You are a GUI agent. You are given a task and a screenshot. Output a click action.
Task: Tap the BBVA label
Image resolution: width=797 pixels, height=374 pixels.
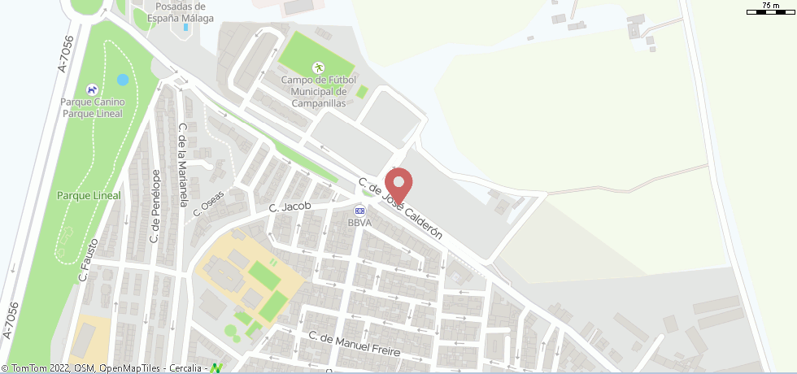point(359,223)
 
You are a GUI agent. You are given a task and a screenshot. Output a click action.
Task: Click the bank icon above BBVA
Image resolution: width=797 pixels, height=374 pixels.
point(359,211)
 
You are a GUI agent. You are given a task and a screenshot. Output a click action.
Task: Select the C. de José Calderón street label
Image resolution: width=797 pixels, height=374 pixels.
point(401,209)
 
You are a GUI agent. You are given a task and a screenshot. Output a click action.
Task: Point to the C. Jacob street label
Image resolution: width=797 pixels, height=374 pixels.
point(290,207)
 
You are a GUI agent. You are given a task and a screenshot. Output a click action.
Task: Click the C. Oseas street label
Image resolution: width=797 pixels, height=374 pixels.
point(208,202)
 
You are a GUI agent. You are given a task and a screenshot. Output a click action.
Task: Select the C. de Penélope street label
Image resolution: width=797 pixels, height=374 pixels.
point(155,207)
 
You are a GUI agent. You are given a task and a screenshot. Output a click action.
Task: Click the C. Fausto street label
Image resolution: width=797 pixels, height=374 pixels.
point(89,259)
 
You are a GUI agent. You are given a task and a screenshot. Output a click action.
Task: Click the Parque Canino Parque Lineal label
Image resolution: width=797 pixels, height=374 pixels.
point(92,107)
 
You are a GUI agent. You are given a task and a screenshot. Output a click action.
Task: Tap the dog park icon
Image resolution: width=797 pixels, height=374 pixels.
point(92,89)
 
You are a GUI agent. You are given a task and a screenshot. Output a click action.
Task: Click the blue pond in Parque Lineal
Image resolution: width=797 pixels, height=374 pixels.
point(123,80)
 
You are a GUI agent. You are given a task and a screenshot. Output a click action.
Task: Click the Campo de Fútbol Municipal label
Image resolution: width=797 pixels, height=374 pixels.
point(314,92)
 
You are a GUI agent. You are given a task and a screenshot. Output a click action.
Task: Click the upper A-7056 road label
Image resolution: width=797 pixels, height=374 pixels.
point(66,54)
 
